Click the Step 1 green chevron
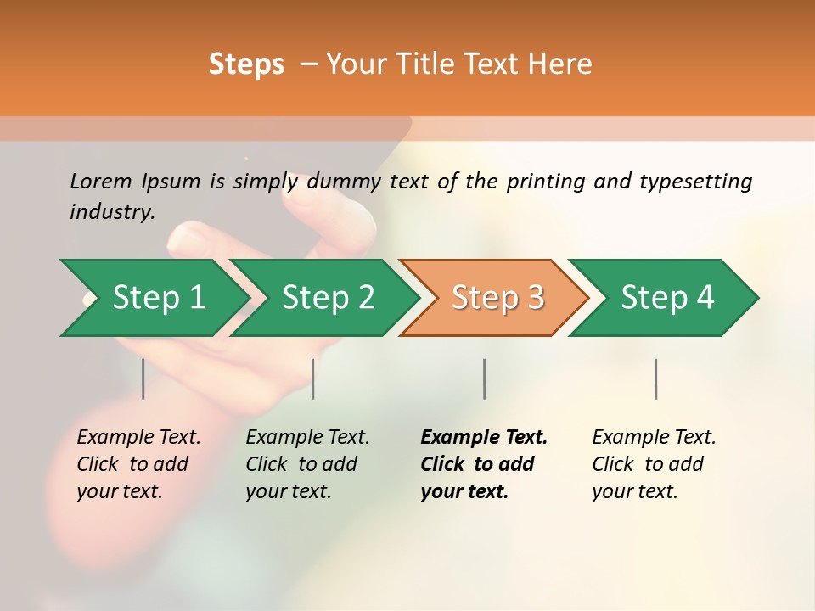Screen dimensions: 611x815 click(x=158, y=298)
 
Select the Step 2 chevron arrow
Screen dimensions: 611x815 click(x=328, y=298)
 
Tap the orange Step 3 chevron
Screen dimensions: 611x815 click(x=497, y=298)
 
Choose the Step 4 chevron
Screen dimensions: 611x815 click(x=667, y=298)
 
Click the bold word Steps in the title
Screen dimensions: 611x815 click(x=246, y=64)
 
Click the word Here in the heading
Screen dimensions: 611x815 click(x=559, y=64)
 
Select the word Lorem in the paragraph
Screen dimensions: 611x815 click(x=101, y=181)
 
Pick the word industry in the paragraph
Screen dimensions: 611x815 click(x=110, y=212)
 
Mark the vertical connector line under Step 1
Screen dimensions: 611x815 click(x=143, y=378)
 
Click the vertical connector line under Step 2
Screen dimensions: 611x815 click(x=313, y=378)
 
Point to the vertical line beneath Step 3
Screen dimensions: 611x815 click(x=484, y=378)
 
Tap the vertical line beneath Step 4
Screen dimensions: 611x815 click(x=655, y=378)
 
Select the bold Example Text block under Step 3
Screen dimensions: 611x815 click(x=482, y=464)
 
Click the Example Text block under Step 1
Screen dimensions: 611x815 click(x=138, y=464)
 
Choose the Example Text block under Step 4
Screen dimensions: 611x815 click(x=653, y=464)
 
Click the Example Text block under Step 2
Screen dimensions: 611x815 click(x=306, y=464)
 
